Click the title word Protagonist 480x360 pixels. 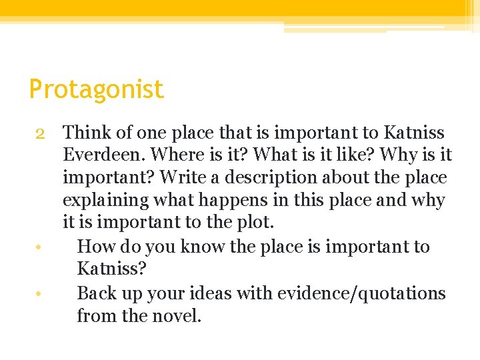96,89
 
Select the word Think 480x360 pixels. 88,133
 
